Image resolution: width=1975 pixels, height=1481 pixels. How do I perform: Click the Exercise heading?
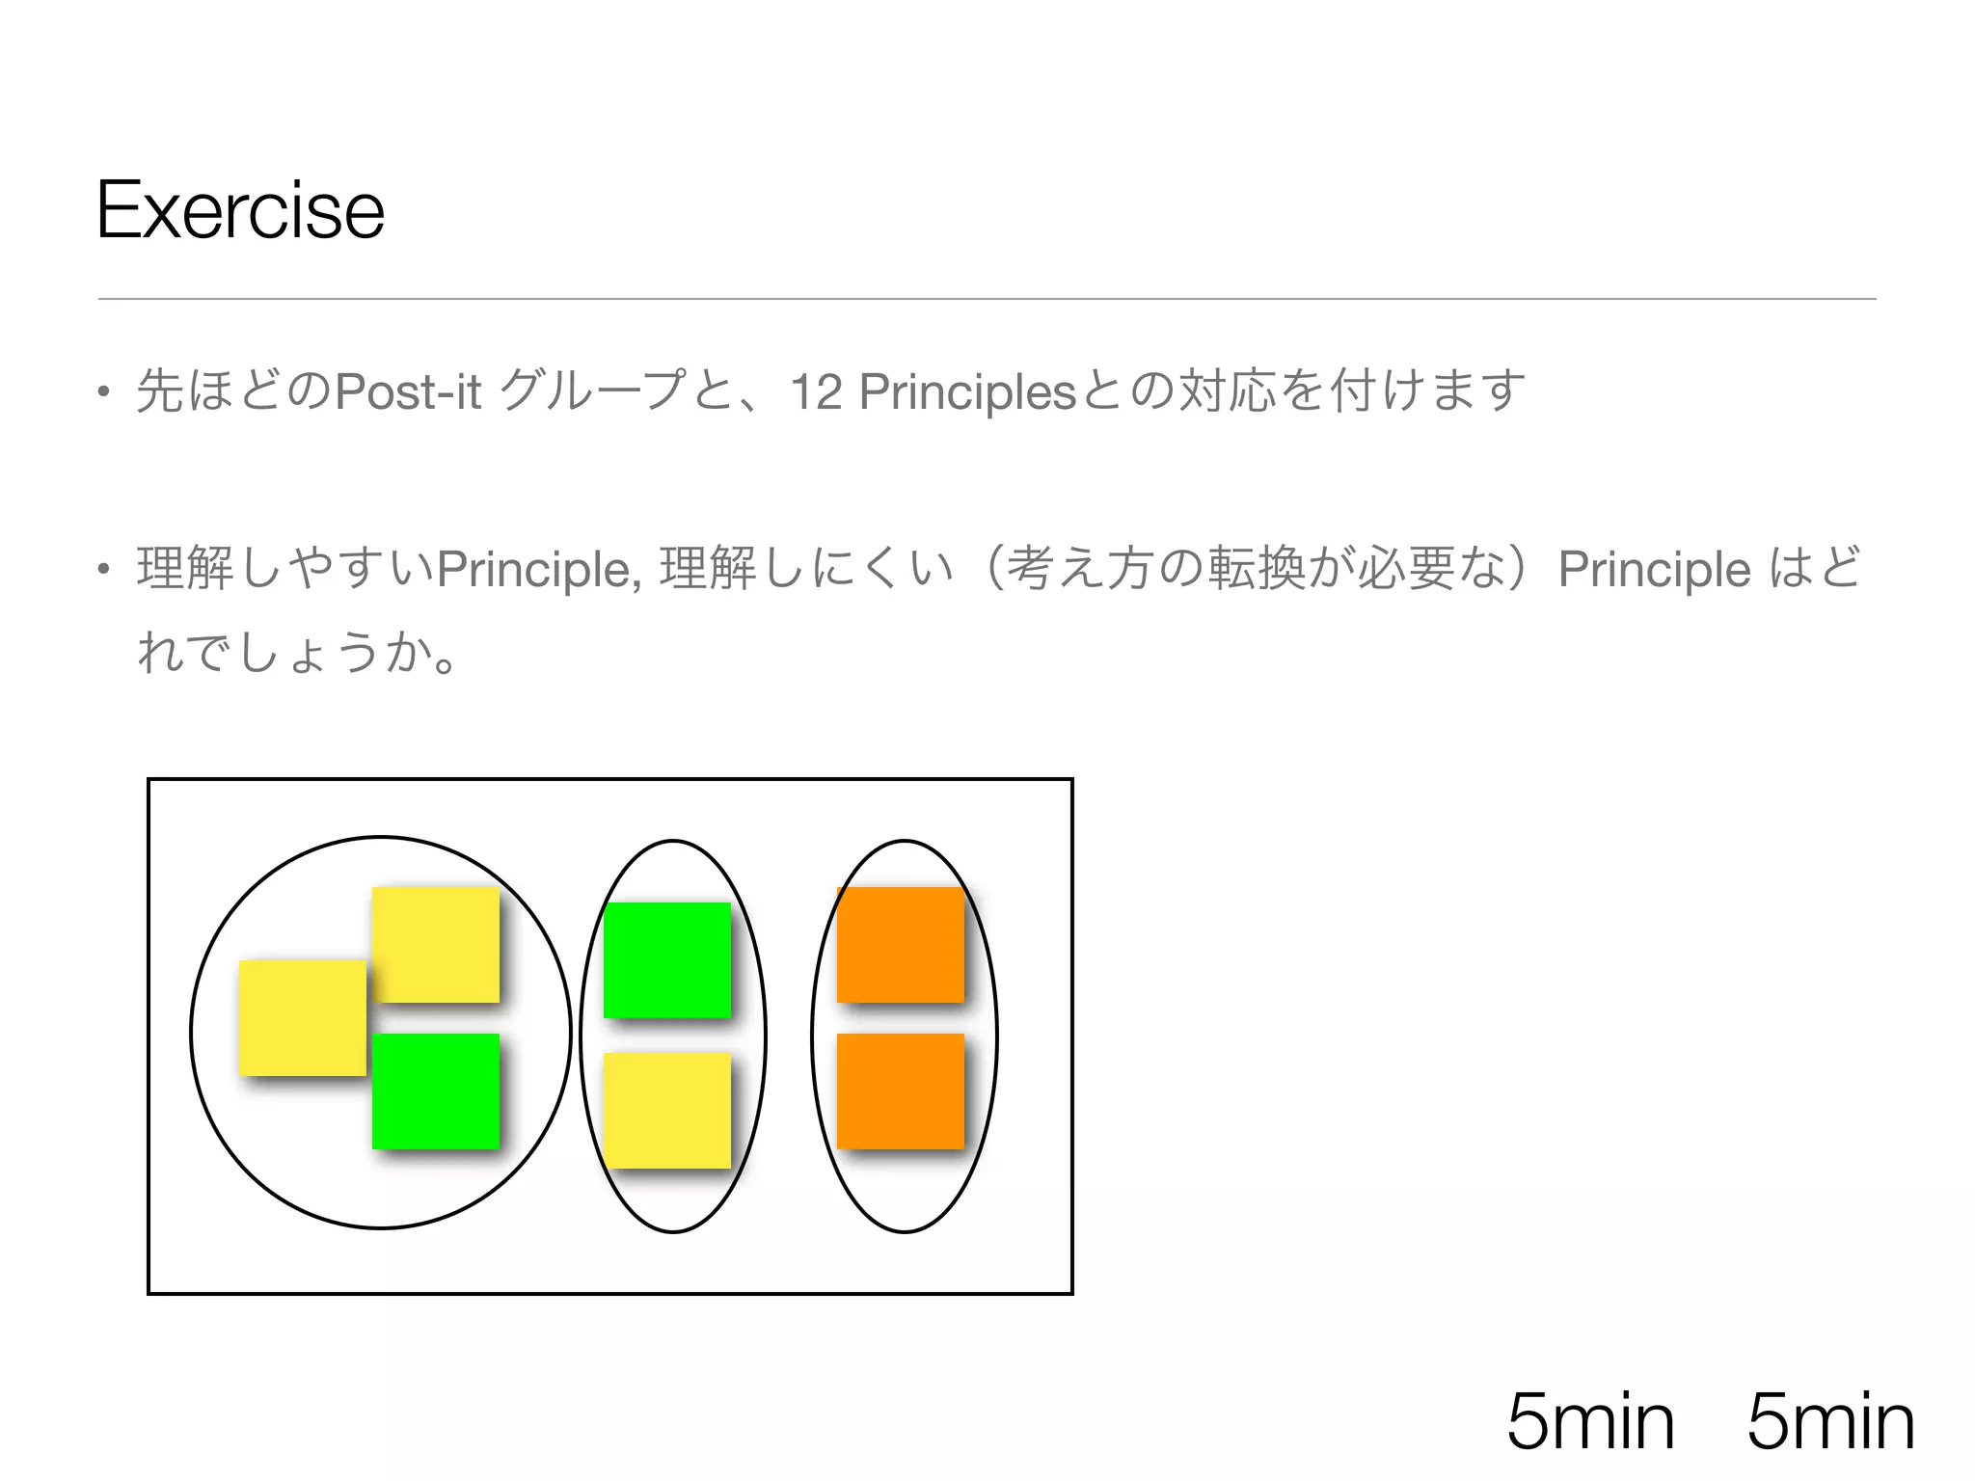click(240, 210)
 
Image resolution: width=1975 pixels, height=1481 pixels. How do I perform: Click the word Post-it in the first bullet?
click(407, 391)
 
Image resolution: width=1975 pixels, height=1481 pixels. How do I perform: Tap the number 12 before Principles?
click(816, 392)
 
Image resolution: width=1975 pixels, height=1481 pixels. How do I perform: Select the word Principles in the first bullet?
click(966, 392)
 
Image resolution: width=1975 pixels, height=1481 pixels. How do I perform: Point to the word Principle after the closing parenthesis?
click(1654, 569)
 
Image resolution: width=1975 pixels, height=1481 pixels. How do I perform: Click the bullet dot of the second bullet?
click(103, 570)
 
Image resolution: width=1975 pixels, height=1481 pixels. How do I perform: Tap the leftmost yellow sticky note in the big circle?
click(302, 1017)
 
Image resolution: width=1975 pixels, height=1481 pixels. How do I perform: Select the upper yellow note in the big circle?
click(436, 944)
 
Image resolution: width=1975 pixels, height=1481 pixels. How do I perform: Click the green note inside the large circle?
click(436, 1091)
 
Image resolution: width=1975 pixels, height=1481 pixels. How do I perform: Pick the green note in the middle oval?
click(667, 959)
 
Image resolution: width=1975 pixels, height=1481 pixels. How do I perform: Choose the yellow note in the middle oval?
click(667, 1110)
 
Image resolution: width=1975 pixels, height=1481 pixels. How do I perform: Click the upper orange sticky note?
click(901, 944)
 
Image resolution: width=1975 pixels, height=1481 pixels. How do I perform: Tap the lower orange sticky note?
click(901, 1091)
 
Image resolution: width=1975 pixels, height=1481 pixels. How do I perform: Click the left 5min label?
click(1590, 1420)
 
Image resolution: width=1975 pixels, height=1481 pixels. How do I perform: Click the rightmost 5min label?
click(1830, 1420)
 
